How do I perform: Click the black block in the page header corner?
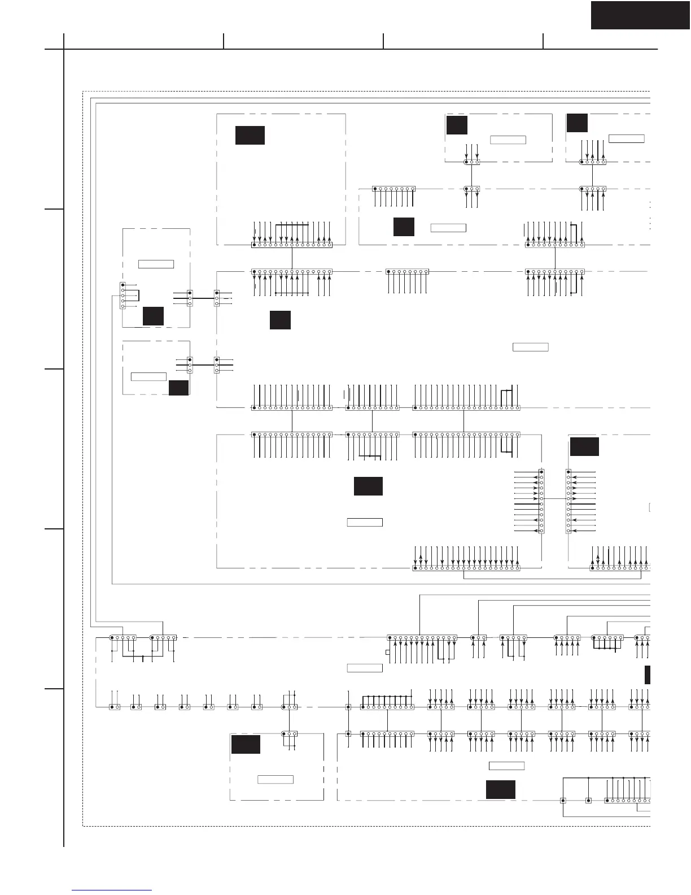pos(640,15)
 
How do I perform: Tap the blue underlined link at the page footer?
pos(112,890)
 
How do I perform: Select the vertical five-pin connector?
pos(123,296)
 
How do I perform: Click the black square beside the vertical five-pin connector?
pos(153,316)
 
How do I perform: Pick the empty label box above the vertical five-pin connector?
pos(156,264)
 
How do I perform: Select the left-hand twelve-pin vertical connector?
pos(541,501)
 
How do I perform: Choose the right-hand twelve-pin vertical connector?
pos(568,501)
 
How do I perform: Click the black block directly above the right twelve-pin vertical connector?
pos(584,446)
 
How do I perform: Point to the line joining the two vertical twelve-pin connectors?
pos(555,499)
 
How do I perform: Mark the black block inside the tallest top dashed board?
pos(250,135)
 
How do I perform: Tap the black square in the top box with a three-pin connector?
pos(457,125)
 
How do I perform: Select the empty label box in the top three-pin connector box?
pos(508,140)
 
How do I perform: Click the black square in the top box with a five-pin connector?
pos(577,123)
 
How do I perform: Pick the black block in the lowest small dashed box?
pos(246,744)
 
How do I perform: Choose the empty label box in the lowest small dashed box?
pos(275,780)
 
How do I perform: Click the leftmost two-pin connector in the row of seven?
pos(115,707)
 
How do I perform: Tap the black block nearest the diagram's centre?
pos(368,486)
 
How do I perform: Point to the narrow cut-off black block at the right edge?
pos(648,675)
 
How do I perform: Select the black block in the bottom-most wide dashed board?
pos(501,789)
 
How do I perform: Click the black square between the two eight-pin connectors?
pos(404,227)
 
